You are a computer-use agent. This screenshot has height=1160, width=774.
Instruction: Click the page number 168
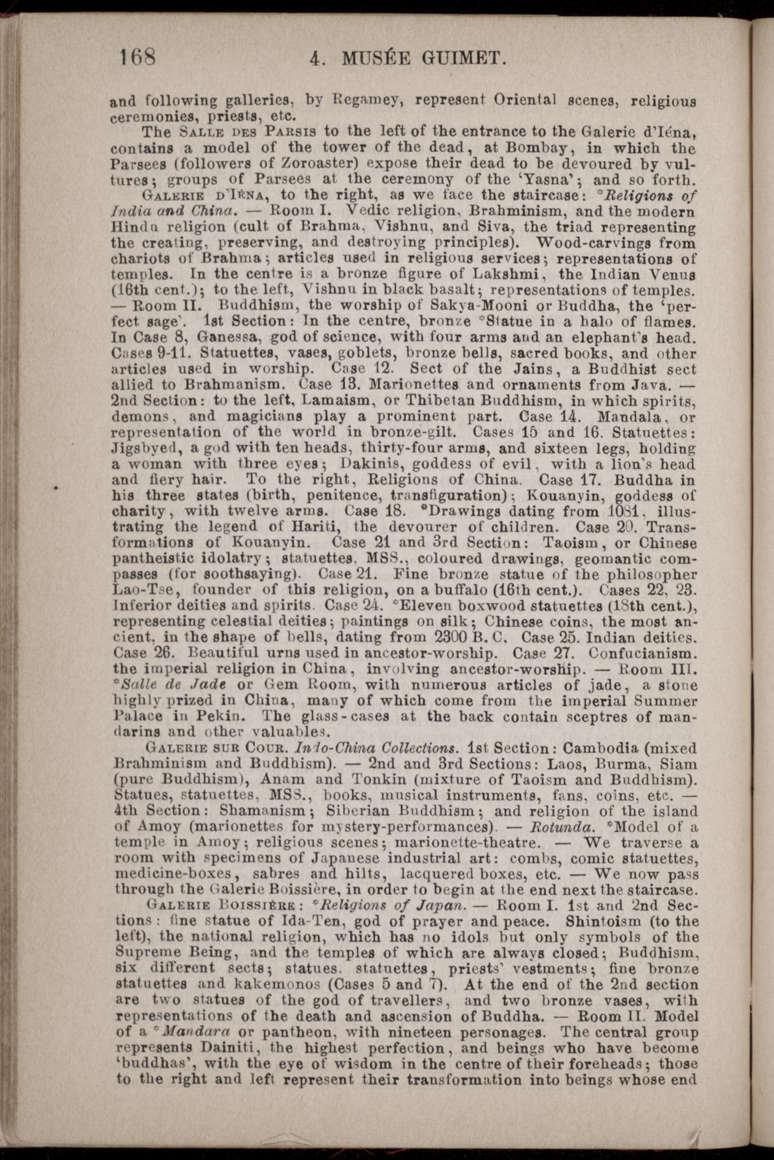(137, 58)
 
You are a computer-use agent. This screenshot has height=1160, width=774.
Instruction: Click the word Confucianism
(643, 652)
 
